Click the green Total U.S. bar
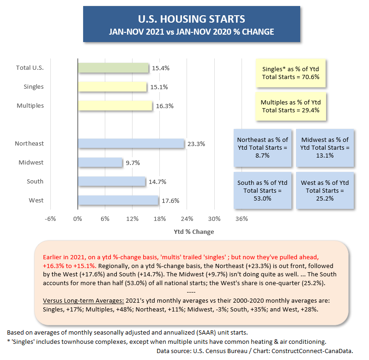[113, 68]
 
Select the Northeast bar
[131, 143]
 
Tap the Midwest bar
[100, 162]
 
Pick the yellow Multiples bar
[115, 105]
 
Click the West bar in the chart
[118, 200]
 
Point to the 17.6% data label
[170, 201]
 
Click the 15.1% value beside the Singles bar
[159, 87]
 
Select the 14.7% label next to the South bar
[157, 182]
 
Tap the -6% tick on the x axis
[50, 219]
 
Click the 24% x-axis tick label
[187, 219]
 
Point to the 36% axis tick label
[242, 219]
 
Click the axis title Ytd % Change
[194, 232]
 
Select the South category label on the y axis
[35, 181]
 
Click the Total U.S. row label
[30, 68]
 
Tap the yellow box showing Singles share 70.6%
[290, 73]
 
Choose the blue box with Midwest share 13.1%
[325, 147]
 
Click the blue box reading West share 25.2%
[325, 190]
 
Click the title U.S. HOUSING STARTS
[192, 19]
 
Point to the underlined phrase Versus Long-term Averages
[83, 301]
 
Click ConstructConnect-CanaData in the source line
[312, 351]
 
